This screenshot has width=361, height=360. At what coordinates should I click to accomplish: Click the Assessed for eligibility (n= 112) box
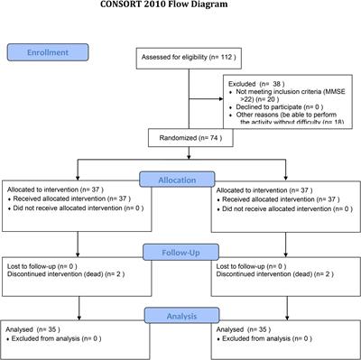(189, 59)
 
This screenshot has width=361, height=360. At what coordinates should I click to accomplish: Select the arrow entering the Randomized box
(189, 127)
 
